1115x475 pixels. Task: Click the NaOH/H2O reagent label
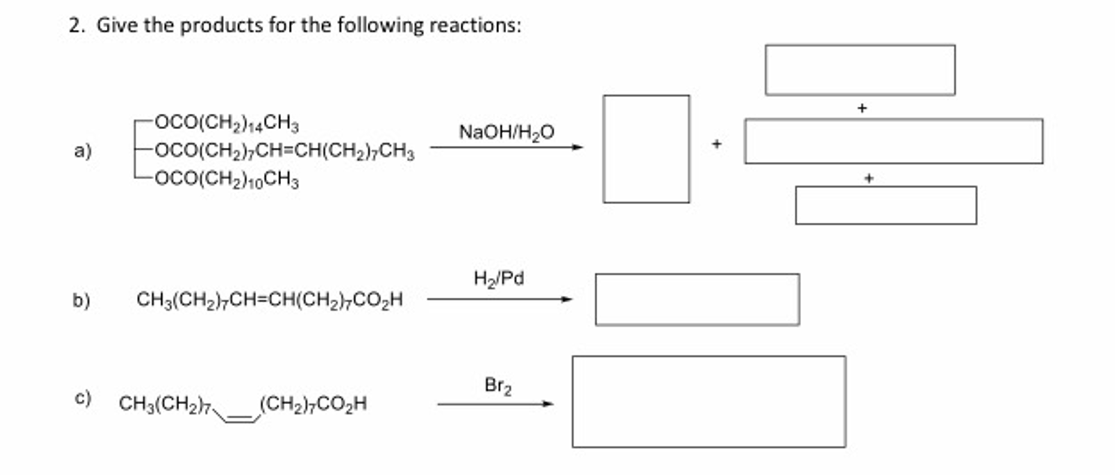(x=506, y=132)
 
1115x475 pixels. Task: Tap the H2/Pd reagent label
(x=499, y=279)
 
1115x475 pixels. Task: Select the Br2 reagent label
(x=498, y=386)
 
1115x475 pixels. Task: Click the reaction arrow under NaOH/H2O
(x=506, y=147)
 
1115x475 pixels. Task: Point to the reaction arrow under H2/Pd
(x=499, y=299)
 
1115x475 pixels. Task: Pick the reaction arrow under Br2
(x=495, y=404)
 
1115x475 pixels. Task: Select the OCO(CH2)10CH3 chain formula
(x=227, y=179)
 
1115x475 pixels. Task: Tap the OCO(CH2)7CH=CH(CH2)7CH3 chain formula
(x=284, y=151)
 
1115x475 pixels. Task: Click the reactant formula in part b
(x=270, y=300)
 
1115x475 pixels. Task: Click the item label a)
(x=83, y=150)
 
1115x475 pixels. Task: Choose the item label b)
(x=81, y=300)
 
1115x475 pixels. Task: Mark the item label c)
(x=83, y=398)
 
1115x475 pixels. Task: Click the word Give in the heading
(x=117, y=26)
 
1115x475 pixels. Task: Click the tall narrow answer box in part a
(x=646, y=149)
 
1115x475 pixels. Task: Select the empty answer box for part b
(x=697, y=300)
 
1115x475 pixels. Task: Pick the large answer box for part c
(x=708, y=402)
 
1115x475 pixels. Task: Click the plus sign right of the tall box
(x=717, y=144)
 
